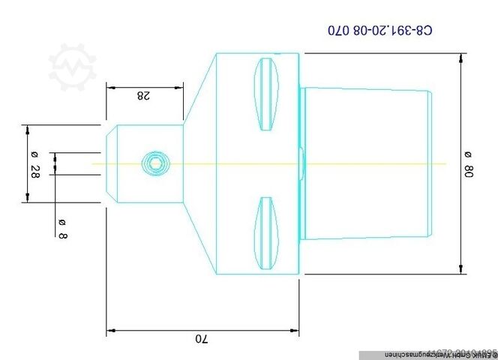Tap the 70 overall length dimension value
pyautogui.click(x=200, y=339)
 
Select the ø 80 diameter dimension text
pyautogui.click(x=469, y=163)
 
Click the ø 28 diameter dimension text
pyautogui.click(x=34, y=163)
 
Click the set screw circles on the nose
pyautogui.click(x=156, y=163)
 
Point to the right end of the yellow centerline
pyautogui.click(x=445, y=163)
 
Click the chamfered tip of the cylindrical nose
pyautogui.click(x=109, y=163)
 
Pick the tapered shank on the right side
pyautogui.click(x=367, y=163)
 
